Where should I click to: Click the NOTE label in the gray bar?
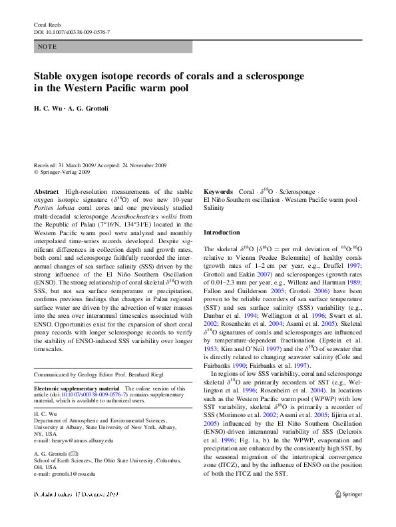click(x=47, y=47)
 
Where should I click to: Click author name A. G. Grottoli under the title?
click(x=90, y=109)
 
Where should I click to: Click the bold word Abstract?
click(x=46, y=191)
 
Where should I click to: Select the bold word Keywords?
click(x=218, y=191)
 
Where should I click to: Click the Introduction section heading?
click(x=222, y=233)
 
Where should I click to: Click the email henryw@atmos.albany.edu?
click(x=74, y=440)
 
